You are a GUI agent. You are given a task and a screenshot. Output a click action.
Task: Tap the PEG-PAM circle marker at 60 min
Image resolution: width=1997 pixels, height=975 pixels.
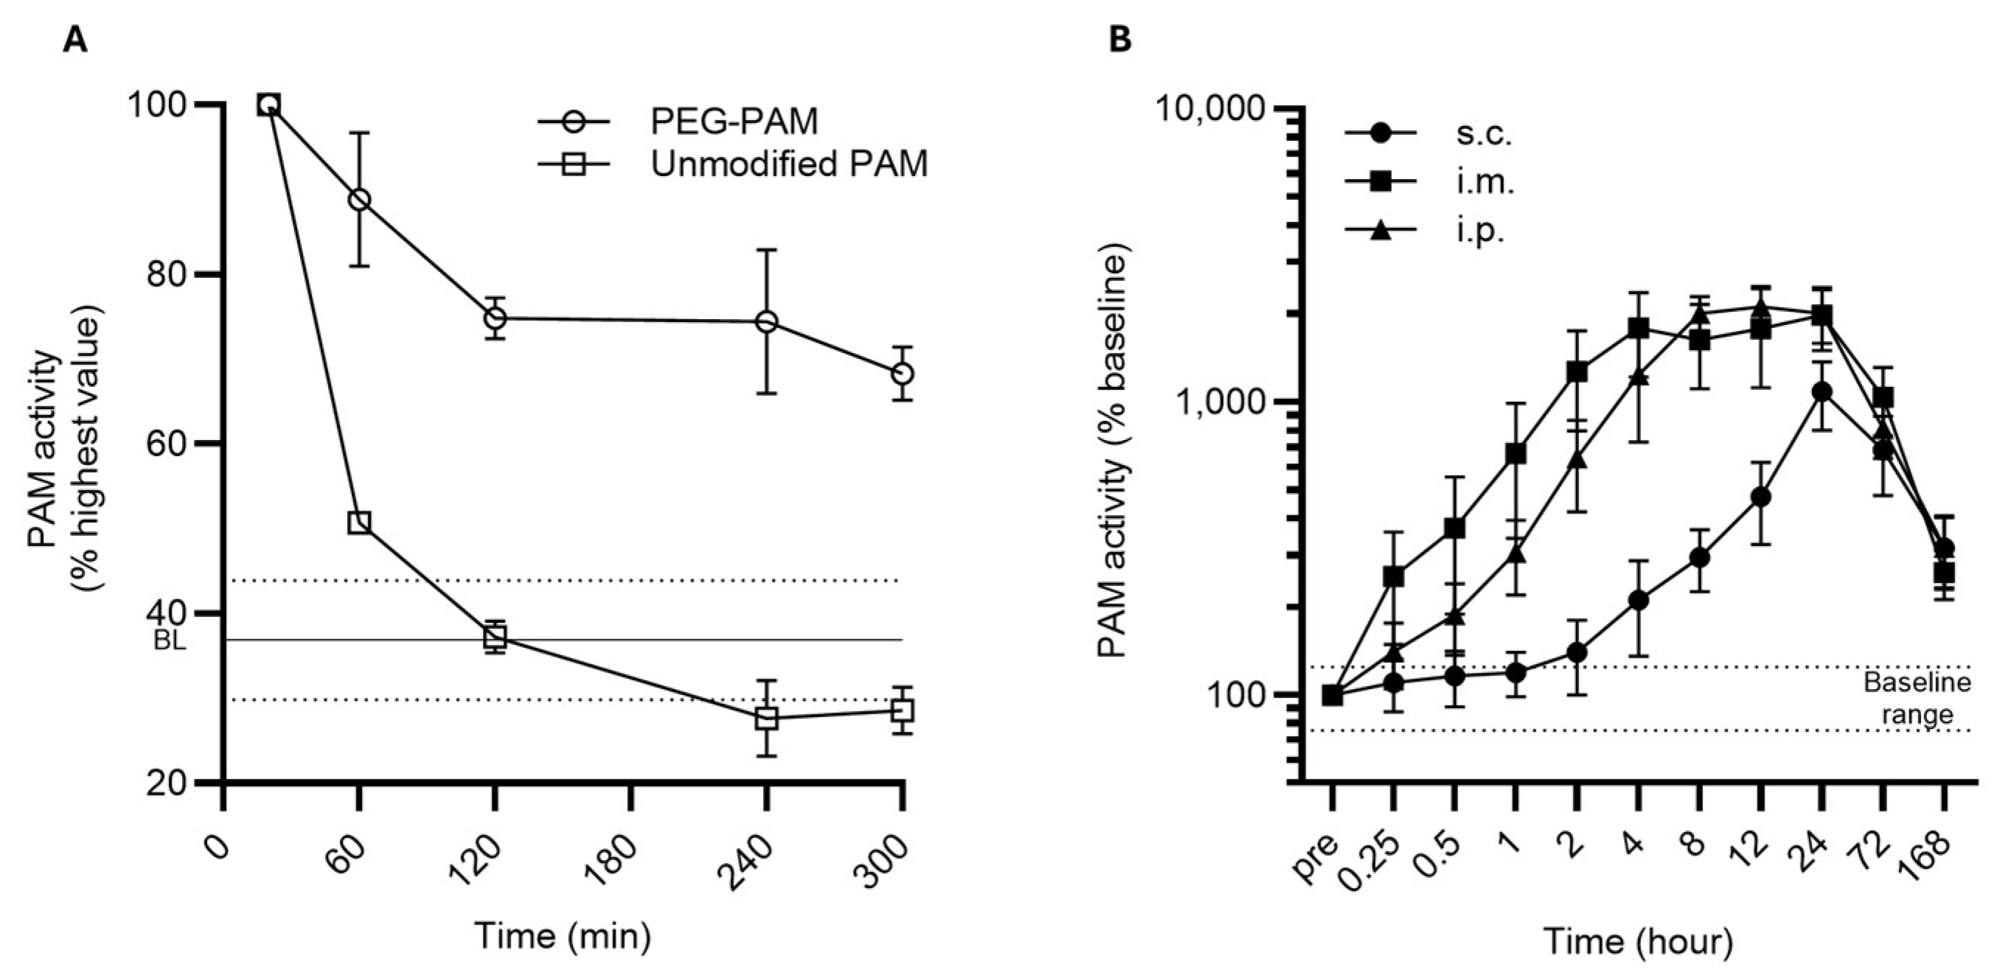(x=359, y=200)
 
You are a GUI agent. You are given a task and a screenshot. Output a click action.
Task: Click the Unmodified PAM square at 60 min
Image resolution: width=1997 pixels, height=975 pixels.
(x=359, y=523)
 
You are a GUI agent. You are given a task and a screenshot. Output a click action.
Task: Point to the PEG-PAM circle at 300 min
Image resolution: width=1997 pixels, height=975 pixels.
(x=902, y=374)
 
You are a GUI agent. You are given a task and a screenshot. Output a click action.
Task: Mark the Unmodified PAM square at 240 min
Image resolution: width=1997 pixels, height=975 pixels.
(x=767, y=718)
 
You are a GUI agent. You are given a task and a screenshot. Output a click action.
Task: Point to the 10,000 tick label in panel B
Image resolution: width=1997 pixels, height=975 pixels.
(x=1214, y=108)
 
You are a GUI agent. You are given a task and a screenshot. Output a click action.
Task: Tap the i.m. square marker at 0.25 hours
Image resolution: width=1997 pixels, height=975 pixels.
(x=1394, y=576)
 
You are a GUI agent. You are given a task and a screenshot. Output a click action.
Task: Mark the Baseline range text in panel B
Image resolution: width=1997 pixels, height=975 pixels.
(x=1917, y=699)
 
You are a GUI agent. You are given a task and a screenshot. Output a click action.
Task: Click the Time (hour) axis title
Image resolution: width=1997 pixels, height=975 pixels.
(x=1638, y=943)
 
